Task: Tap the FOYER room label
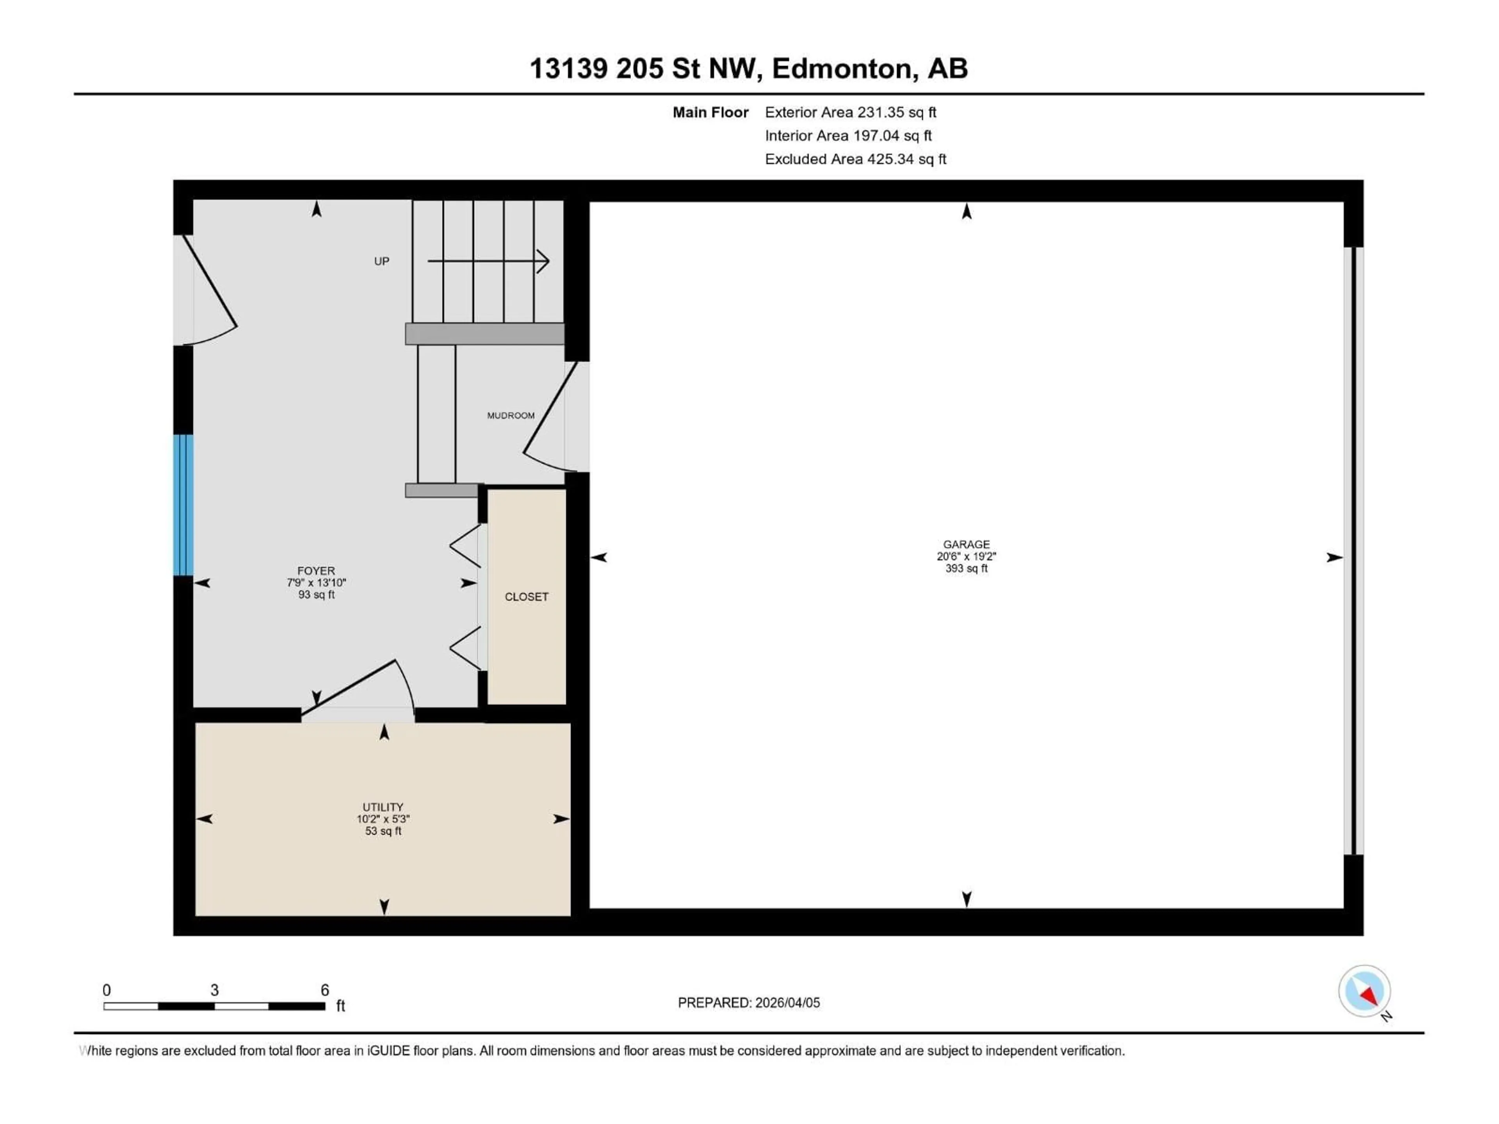[x=316, y=571]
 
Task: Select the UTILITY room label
[x=383, y=807]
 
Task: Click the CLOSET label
[x=527, y=597]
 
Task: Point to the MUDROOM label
[x=510, y=415]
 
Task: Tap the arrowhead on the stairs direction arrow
[x=543, y=261]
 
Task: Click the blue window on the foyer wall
[x=183, y=505]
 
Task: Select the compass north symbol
[x=1364, y=991]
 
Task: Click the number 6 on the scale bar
[x=325, y=990]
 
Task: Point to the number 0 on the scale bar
[x=107, y=990]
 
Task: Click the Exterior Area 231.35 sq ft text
[x=851, y=112]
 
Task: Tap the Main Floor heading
[x=710, y=112]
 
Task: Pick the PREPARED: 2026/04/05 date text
[x=749, y=1003]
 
